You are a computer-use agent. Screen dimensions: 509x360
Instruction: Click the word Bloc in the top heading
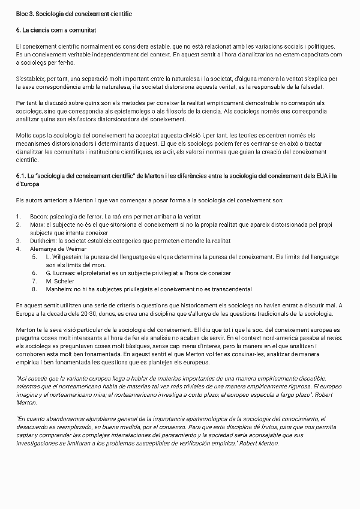point(22,13)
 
